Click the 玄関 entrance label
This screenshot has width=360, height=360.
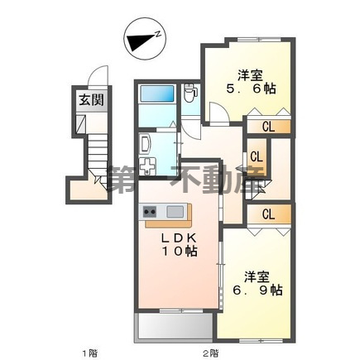[91, 100]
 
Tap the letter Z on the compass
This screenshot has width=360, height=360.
[158, 34]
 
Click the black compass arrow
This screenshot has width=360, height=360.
[140, 42]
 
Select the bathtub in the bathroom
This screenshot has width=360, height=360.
[157, 94]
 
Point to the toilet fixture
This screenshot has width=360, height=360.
[190, 93]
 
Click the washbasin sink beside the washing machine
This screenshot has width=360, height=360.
[145, 144]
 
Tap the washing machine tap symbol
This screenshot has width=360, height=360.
[147, 166]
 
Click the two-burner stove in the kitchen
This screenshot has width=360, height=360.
[149, 212]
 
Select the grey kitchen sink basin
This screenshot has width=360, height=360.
[175, 212]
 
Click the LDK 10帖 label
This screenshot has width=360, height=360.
[180, 244]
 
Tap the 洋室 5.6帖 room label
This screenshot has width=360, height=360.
[251, 82]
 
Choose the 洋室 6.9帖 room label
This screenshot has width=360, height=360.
[257, 283]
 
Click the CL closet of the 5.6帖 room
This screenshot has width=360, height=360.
[269, 127]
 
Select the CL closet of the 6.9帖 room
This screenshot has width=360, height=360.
[269, 214]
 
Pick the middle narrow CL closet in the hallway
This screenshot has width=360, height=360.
[257, 157]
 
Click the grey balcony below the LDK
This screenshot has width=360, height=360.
[174, 326]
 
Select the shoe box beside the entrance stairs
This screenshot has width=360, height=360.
[80, 124]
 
